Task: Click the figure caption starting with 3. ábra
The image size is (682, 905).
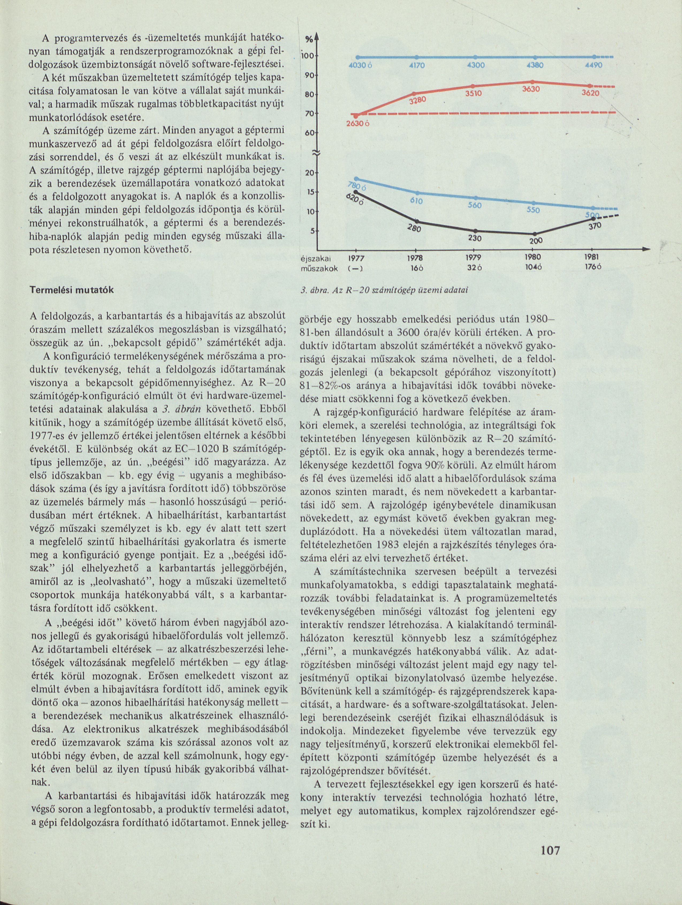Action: point(384,290)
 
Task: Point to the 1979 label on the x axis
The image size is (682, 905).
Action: point(474,258)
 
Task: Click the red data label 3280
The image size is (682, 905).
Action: point(418,100)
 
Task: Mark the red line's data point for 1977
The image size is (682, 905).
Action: point(356,116)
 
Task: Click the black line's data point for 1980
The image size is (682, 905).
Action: point(533,234)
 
